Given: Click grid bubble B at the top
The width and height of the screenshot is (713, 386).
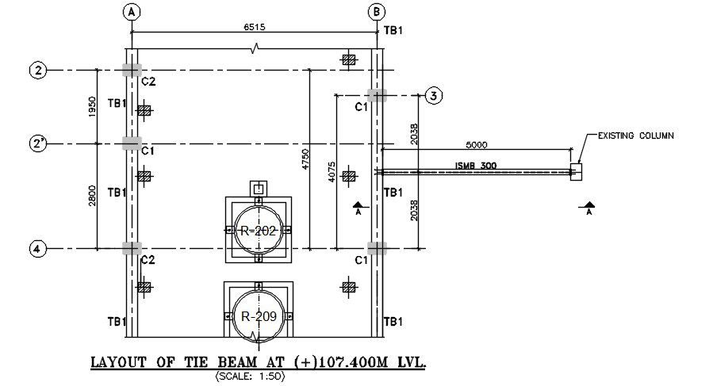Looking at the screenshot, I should tap(378, 11).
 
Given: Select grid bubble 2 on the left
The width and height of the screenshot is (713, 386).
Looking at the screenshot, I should tap(37, 71).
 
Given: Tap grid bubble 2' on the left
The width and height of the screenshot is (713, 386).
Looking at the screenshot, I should tap(37, 143).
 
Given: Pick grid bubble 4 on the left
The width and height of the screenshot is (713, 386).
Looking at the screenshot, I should tap(37, 249).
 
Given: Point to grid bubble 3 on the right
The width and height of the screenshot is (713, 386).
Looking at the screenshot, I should tap(433, 95).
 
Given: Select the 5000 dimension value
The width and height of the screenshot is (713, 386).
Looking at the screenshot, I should tap(476, 144).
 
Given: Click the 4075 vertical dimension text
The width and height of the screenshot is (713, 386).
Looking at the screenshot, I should tap(332, 173).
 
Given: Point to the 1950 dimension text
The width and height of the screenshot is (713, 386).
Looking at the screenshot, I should tap(92, 106).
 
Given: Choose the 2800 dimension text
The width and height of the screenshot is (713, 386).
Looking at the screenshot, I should tap(92, 196).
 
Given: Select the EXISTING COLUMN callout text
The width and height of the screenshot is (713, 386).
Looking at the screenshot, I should tap(635, 136).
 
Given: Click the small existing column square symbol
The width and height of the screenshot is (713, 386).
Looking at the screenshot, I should tap(576, 170).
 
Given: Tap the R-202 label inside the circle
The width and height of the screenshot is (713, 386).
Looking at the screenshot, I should tap(259, 231).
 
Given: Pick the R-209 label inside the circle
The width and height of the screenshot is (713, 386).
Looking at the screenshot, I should tap(259, 315).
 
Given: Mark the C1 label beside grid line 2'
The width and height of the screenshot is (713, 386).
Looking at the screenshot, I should tap(148, 149).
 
